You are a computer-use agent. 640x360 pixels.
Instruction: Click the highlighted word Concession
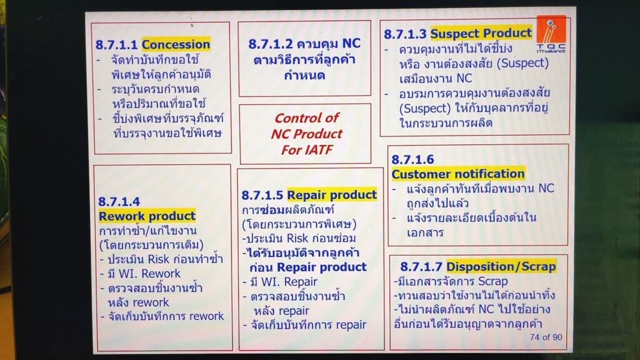(x=176, y=44)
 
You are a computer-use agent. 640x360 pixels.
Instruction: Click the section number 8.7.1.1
(x=117, y=44)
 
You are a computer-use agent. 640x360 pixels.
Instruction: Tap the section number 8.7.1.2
(x=271, y=44)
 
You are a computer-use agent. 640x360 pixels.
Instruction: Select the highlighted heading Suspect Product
(x=481, y=33)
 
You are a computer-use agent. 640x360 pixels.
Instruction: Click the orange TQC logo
(x=551, y=34)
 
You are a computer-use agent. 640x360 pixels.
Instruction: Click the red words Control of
(x=306, y=118)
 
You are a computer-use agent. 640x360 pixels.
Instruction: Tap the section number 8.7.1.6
(x=412, y=159)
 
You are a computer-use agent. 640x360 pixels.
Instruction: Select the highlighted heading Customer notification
(x=458, y=174)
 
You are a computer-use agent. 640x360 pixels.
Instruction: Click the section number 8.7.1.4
(x=119, y=201)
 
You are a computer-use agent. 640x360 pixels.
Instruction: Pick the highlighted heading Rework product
(x=147, y=216)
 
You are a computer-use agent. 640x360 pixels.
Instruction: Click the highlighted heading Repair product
(x=332, y=195)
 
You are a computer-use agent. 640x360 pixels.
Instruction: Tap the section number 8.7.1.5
(x=262, y=195)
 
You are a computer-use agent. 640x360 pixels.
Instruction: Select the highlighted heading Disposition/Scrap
(x=501, y=266)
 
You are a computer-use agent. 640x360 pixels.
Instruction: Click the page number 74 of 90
(x=546, y=337)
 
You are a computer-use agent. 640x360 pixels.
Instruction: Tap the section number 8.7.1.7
(x=421, y=267)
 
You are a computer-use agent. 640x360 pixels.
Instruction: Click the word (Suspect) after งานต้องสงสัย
(x=524, y=63)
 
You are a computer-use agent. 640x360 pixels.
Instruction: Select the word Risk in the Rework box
(x=158, y=259)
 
